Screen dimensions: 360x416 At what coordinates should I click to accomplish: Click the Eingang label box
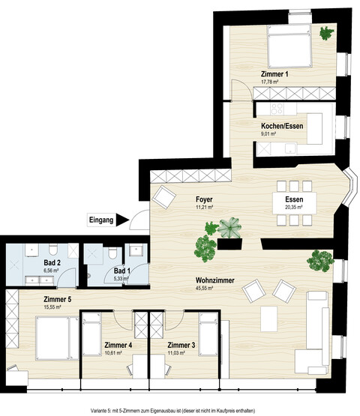[101, 220]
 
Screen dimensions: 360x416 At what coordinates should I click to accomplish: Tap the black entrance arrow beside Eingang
[121, 220]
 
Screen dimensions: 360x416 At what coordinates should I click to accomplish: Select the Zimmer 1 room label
[274, 74]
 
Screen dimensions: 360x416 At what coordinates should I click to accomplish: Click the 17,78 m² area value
[270, 82]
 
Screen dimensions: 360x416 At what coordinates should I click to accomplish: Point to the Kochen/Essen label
[282, 126]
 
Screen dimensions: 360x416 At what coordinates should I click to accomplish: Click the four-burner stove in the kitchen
[277, 109]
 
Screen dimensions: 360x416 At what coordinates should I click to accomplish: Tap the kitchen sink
[291, 148]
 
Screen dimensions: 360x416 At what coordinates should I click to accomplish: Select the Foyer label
[204, 199]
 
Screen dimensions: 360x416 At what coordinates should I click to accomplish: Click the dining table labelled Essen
[295, 203]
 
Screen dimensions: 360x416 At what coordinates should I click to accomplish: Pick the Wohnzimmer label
[215, 280]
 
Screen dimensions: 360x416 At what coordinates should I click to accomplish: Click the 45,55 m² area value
[204, 288]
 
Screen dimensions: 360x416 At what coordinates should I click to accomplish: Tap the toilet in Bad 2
[53, 249]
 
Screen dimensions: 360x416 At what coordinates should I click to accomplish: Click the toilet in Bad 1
[112, 253]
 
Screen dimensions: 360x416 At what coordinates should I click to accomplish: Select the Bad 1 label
[122, 271]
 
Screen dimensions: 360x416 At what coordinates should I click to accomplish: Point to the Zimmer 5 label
[57, 300]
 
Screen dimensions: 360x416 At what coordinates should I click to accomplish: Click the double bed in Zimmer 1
[289, 46]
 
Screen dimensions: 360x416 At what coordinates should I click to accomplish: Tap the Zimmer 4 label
[118, 345]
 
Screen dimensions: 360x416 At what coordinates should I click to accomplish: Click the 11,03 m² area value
[176, 353]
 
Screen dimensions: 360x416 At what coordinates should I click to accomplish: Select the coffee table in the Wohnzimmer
[268, 319]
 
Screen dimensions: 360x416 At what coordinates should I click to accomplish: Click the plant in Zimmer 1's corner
[326, 33]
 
